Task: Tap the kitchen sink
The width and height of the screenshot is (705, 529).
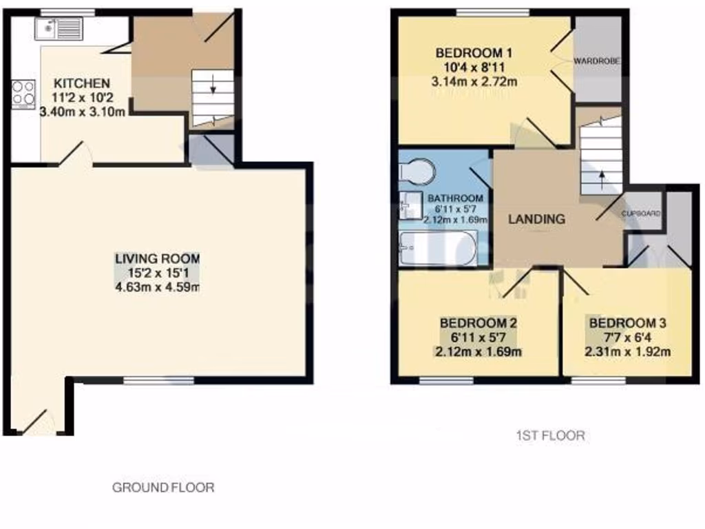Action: point(59,28)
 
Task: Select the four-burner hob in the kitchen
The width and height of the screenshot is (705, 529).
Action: point(23,94)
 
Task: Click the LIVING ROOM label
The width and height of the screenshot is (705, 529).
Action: point(157,258)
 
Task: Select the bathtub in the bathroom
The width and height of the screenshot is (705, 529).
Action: point(437,248)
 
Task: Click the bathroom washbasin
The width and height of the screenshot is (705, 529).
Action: point(411,205)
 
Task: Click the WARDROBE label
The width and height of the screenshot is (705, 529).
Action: point(598,61)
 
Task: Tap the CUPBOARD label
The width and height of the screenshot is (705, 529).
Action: point(641,214)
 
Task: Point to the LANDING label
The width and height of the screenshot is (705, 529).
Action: point(536,220)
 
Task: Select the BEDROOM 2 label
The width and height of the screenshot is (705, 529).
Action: point(478,323)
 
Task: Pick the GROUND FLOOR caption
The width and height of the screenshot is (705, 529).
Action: point(163,488)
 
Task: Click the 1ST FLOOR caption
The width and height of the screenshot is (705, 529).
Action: point(550,435)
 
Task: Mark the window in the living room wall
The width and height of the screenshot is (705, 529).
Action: point(158,380)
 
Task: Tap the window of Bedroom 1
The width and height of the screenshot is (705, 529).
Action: point(492,12)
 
